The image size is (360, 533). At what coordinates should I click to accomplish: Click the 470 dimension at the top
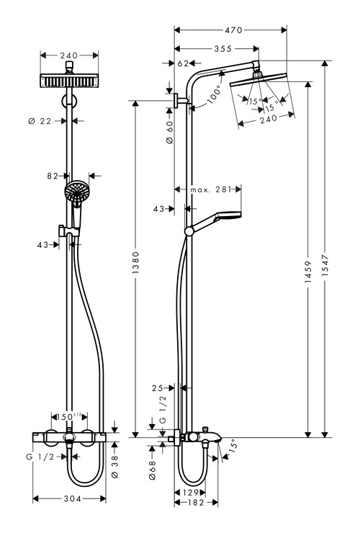coord(233,30)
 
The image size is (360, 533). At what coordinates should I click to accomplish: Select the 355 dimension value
coord(223,49)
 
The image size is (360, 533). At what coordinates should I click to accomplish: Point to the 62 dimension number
coord(183,63)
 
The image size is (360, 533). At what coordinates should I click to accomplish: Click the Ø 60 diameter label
coord(170,132)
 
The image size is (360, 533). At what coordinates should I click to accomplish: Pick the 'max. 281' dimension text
coord(211,189)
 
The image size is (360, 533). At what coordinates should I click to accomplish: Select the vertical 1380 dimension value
coord(135,263)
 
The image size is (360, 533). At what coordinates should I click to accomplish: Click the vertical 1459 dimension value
coord(308,272)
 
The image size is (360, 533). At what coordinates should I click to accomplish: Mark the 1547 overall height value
coord(325,265)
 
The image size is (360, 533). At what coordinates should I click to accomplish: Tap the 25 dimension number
coord(158,388)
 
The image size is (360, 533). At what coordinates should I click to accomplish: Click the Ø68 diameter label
coord(152,470)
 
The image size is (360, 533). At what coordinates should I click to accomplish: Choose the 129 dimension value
coord(190,493)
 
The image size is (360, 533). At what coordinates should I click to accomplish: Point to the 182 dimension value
coord(195,503)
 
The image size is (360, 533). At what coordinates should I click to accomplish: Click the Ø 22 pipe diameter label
coord(40,121)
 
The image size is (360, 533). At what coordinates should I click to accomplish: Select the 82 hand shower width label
coord(53,176)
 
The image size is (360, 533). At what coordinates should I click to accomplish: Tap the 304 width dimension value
coord(73,498)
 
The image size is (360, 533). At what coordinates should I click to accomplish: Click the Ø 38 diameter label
coord(114,467)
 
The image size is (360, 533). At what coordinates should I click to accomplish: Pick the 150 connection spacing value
coord(66,417)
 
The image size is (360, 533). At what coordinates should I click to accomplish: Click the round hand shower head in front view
coord(77,190)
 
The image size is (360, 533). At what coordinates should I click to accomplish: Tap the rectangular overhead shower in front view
coord(69,81)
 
